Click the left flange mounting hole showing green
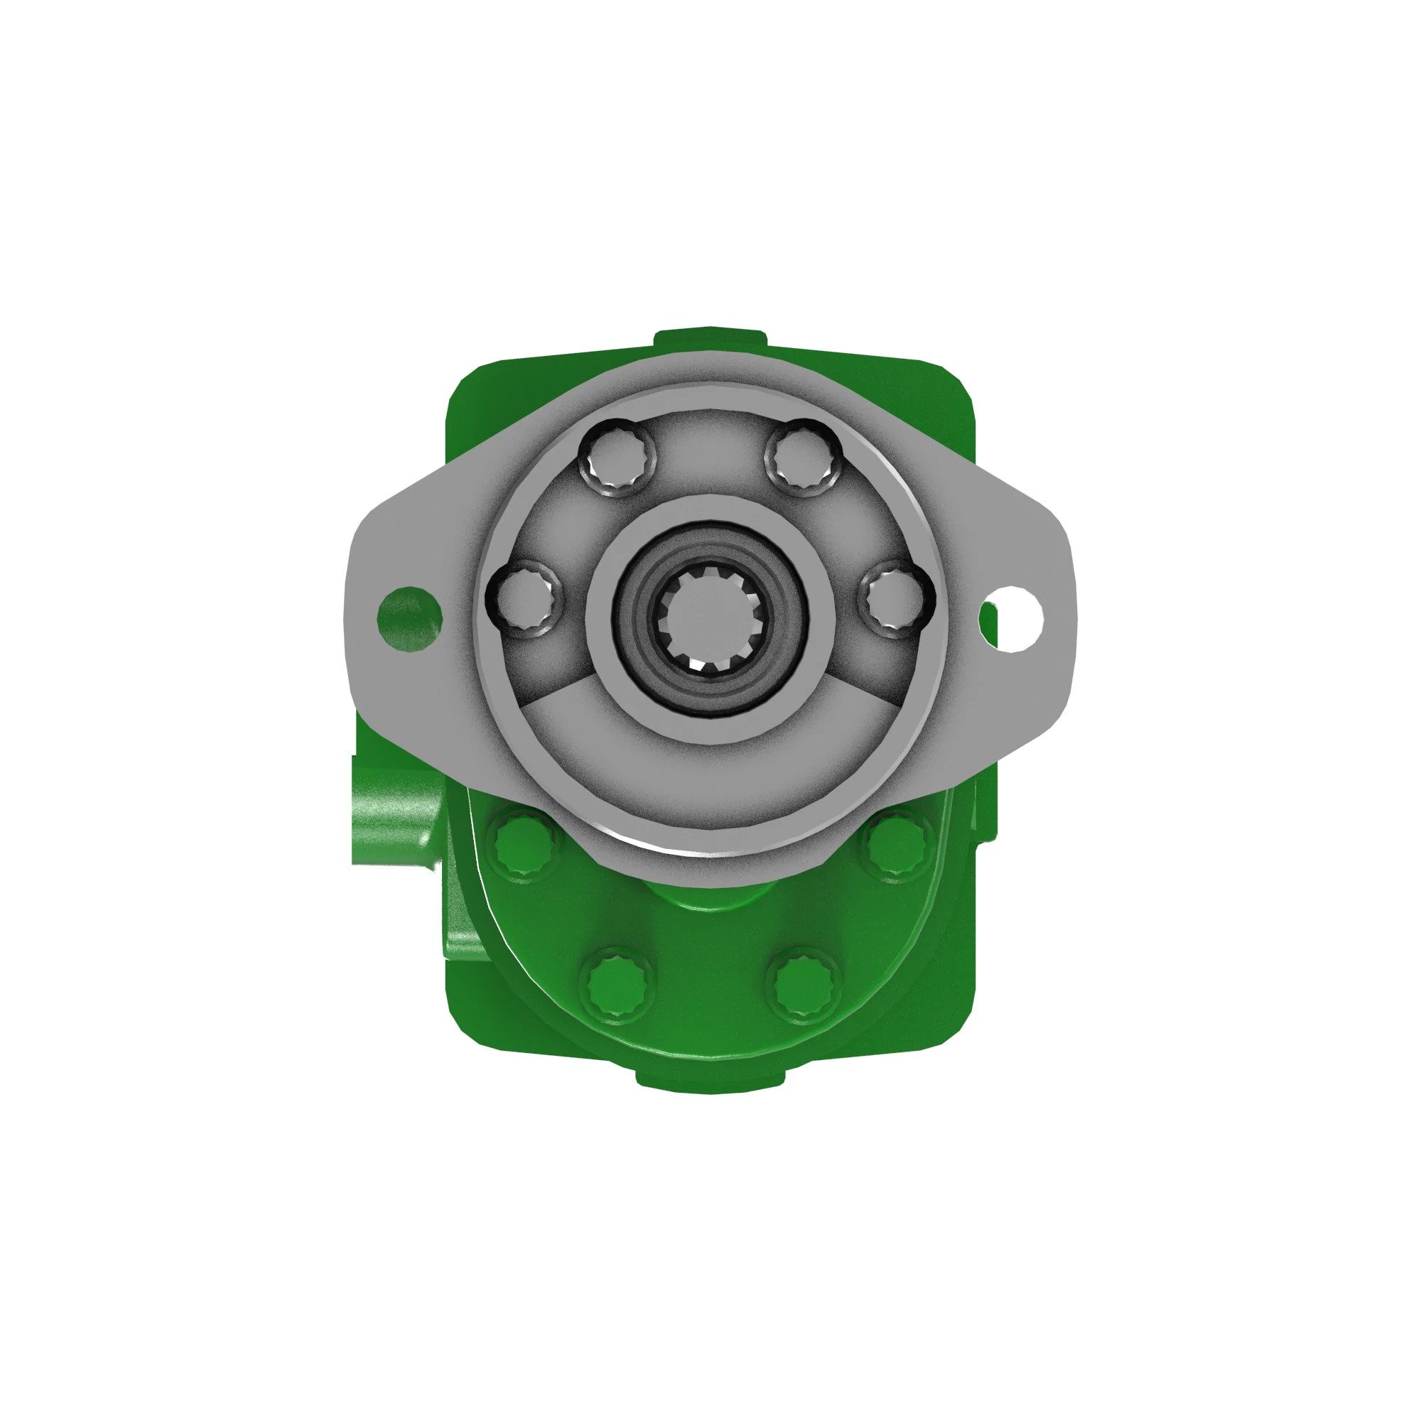pyautogui.click(x=409, y=618)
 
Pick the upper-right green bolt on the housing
pyautogui.click(x=897, y=845)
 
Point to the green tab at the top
pyautogui.click(x=710, y=340)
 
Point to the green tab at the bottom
pyautogui.click(x=710, y=1081)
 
